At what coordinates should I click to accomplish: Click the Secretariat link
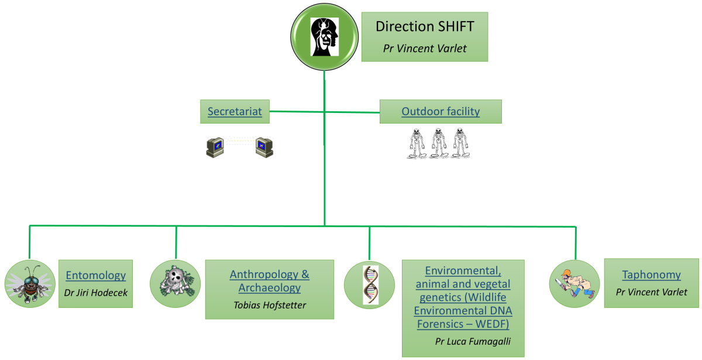[235, 111]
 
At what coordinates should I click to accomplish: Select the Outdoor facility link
[441, 111]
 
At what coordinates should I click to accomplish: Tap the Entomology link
[96, 275]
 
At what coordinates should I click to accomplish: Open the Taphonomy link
[651, 274]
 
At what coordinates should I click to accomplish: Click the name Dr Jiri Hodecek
[95, 293]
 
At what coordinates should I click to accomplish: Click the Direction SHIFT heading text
[424, 26]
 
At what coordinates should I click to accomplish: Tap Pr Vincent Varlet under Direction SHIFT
[425, 49]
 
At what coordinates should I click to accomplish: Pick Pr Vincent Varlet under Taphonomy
[652, 292]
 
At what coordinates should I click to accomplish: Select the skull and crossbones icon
[175, 284]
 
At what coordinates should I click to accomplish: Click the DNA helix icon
[369, 284]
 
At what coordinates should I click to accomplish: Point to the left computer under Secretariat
[215, 147]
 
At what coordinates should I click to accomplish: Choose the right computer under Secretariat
[264, 147]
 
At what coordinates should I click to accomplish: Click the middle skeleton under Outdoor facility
[439, 143]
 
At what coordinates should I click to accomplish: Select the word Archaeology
[269, 287]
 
